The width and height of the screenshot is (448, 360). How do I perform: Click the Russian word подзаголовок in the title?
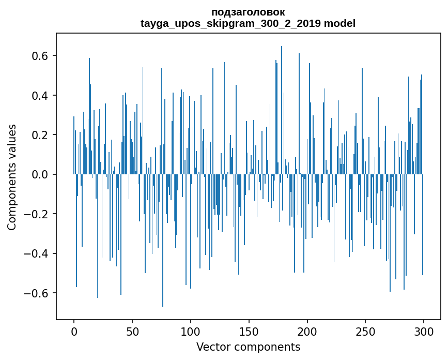click(x=248, y=12)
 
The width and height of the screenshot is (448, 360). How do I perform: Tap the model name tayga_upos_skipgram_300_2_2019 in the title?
click(x=231, y=23)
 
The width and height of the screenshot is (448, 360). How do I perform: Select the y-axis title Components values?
click(x=12, y=177)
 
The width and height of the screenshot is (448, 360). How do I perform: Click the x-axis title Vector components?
click(x=248, y=347)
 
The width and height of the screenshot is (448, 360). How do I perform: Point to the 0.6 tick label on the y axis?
click(x=38, y=56)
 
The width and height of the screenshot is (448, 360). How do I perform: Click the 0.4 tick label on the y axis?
click(x=38, y=96)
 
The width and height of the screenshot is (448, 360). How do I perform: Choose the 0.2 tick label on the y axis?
click(x=38, y=135)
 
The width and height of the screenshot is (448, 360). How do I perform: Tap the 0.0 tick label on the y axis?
click(x=38, y=175)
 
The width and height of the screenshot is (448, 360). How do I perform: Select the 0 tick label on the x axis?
click(x=74, y=331)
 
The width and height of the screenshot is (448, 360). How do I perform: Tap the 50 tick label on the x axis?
click(x=132, y=331)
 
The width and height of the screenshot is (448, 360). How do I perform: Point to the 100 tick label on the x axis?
click(x=191, y=331)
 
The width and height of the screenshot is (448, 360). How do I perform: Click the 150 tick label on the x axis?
click(x=249, y=331)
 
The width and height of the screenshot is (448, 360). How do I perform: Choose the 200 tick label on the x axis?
click(x=307, y=331)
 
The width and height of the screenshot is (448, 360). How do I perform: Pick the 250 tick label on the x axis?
click(x=366, y=331)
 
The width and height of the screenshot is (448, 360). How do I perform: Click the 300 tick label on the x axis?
click(x=424, y=331)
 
